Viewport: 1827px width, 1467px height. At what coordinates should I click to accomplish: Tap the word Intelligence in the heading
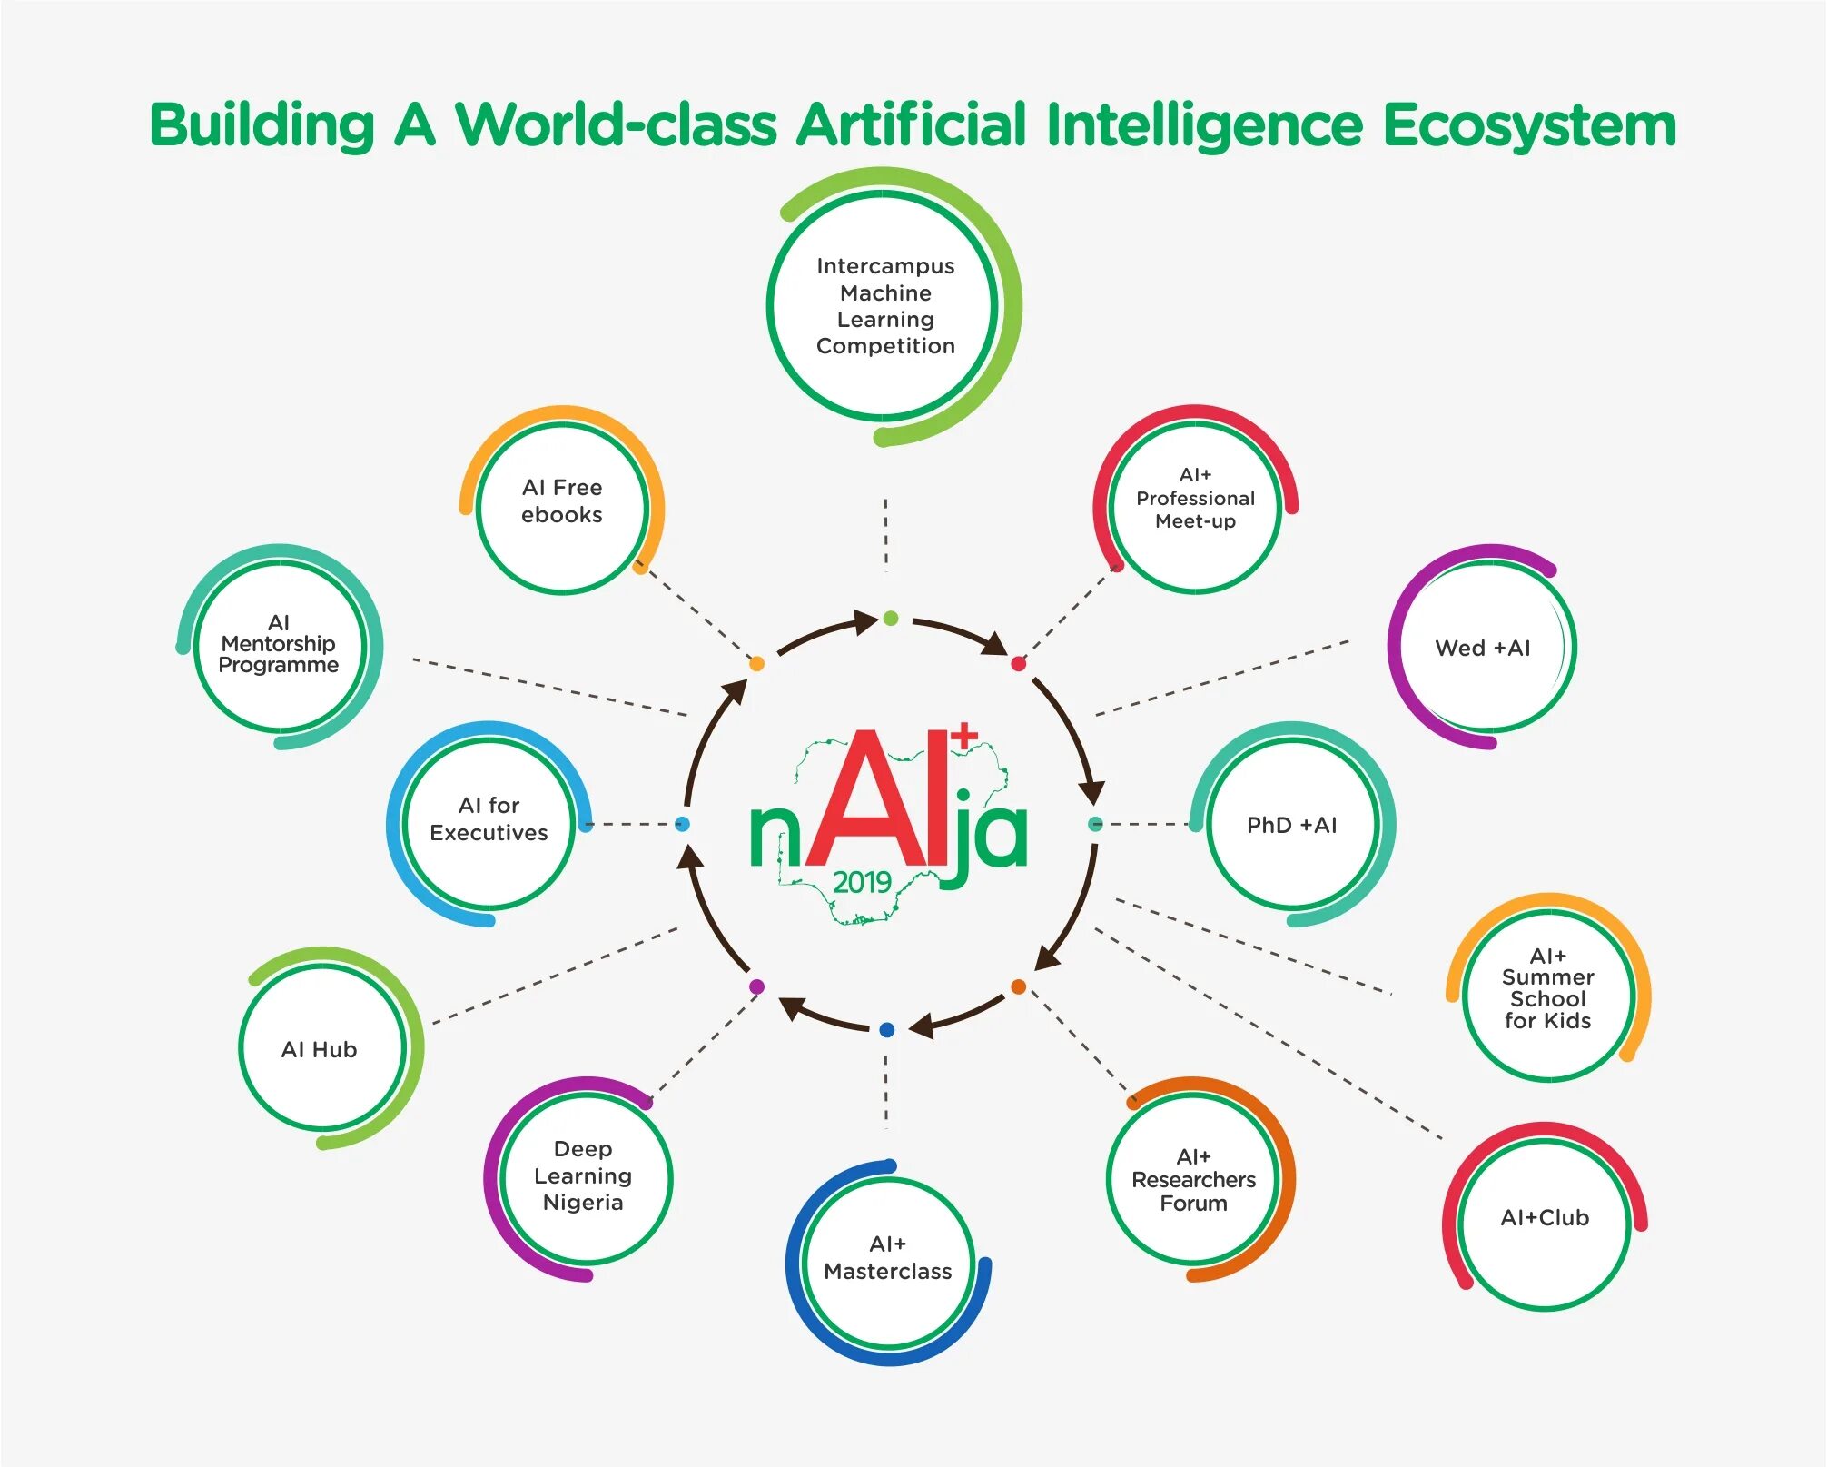1204,125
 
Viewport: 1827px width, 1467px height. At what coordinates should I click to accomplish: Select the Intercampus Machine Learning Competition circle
885,306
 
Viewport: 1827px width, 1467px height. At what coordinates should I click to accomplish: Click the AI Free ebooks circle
562,506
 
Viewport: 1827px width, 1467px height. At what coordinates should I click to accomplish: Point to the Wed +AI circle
1483,648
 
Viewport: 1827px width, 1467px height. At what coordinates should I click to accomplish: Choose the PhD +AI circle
1292,825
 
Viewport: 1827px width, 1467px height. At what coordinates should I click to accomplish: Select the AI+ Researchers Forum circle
1193,1179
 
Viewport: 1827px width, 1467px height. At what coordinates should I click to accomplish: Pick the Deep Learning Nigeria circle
584,1177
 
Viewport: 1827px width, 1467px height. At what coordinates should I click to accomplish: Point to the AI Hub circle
321,1049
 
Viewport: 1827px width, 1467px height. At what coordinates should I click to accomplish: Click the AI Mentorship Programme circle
279,645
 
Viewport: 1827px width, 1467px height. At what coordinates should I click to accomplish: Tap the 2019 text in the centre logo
862,882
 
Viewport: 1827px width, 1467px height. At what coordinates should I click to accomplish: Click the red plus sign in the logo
964,735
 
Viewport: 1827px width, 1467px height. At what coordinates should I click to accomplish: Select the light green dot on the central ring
890,619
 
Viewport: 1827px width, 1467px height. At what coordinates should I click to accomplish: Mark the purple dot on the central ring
757,986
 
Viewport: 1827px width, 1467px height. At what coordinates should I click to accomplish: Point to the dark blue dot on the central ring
887,1029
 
